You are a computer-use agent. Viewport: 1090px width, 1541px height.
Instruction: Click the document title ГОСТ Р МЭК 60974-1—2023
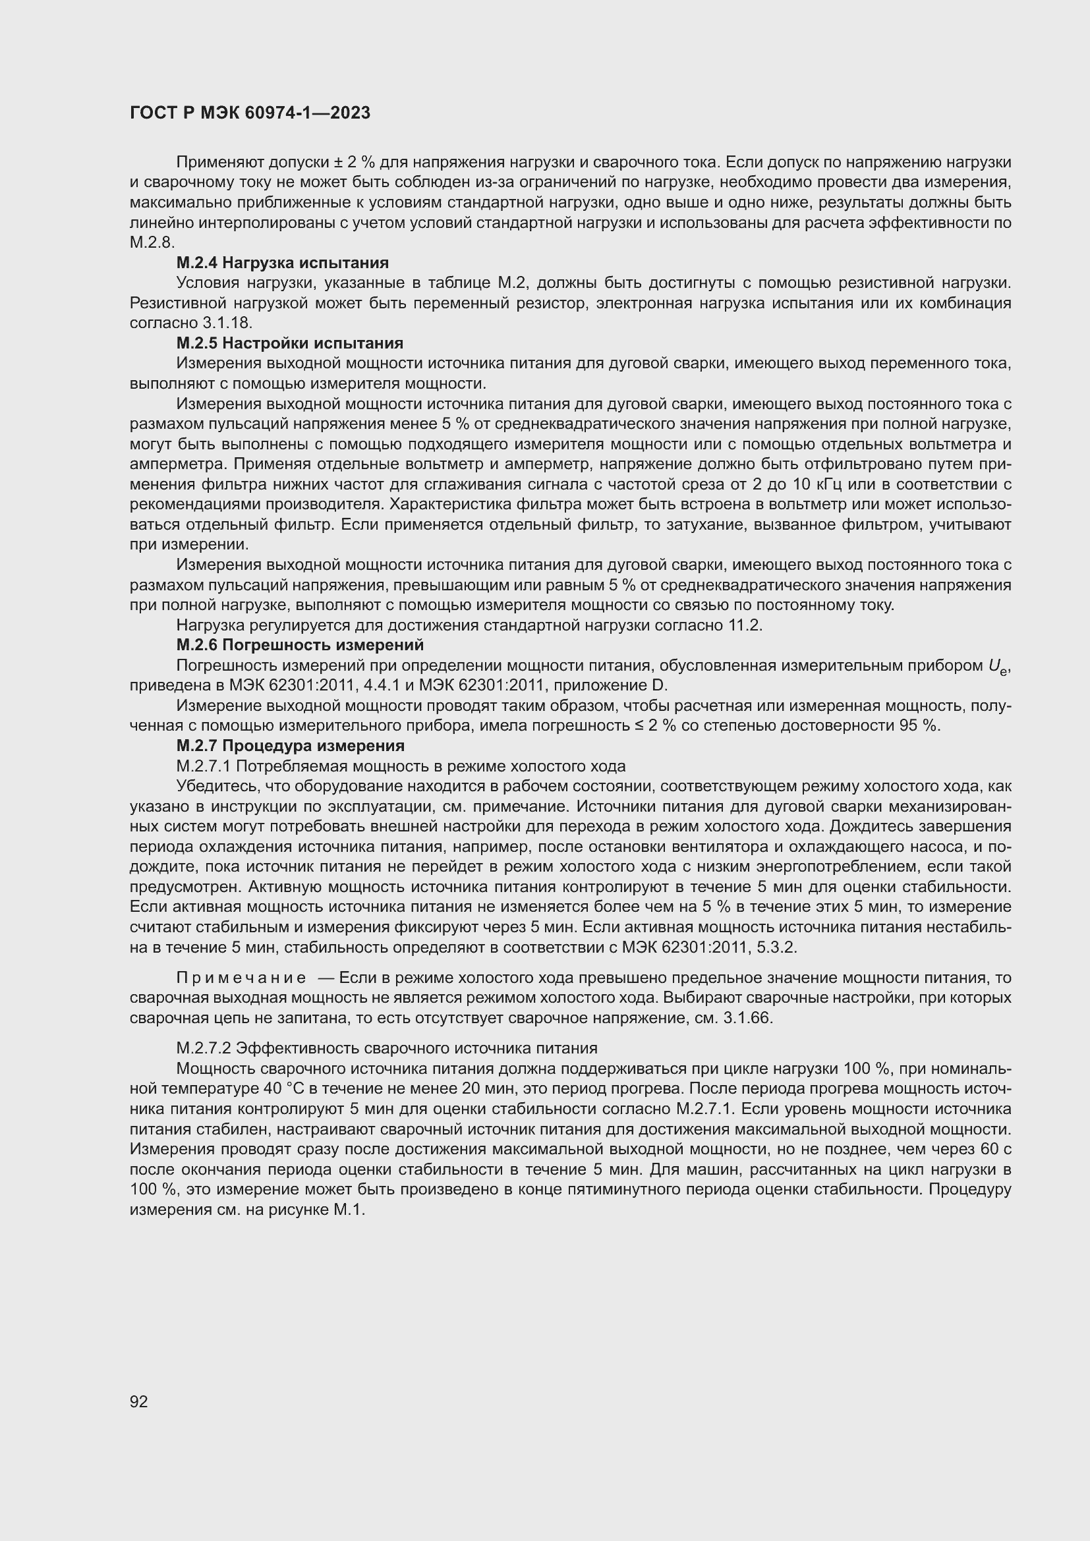(250, 113)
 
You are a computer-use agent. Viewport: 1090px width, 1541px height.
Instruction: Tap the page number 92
(139, 1401)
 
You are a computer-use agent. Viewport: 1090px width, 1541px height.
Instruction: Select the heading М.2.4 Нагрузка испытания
(283, 262)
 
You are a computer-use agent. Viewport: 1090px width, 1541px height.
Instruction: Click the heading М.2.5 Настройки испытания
(290, 343)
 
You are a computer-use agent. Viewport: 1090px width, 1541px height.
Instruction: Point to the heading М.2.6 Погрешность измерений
(300, 645)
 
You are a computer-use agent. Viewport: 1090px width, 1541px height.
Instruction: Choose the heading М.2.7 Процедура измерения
(291, 746)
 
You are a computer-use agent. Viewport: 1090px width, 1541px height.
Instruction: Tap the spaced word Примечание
(241, 978)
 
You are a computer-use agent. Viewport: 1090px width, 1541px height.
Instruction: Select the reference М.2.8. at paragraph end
(152, 243)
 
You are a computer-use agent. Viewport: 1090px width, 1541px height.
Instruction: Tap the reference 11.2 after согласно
(744, 625)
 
